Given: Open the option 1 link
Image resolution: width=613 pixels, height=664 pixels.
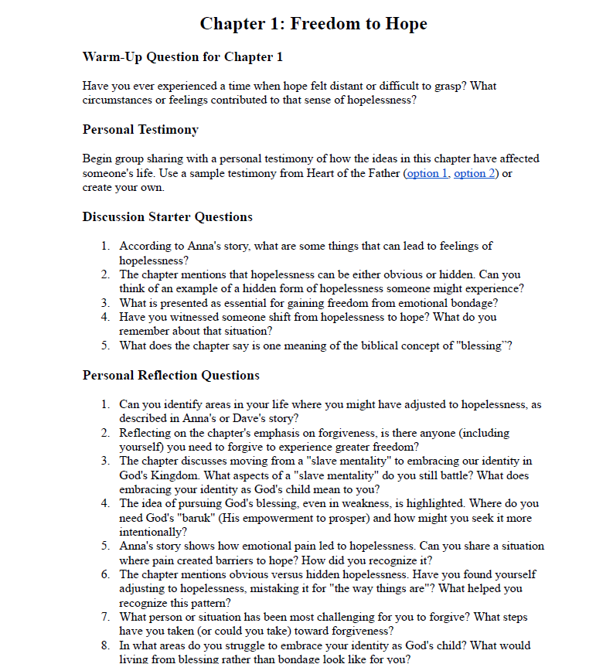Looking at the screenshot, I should pos(427,173).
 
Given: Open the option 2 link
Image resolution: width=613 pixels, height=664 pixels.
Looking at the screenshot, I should pos(475,173).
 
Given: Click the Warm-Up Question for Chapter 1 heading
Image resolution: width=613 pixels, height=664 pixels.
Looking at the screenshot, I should pos(182,57).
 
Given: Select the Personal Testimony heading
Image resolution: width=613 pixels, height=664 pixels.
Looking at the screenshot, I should pos(141,130).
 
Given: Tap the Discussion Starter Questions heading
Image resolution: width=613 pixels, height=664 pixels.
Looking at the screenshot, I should pos(167,217).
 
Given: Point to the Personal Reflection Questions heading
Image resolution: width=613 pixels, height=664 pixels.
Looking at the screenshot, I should pos(171,376).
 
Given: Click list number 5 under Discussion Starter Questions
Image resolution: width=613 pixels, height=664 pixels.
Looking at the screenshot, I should pos(106,346).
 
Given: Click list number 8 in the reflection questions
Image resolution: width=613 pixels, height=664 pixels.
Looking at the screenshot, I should pos(106,645).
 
